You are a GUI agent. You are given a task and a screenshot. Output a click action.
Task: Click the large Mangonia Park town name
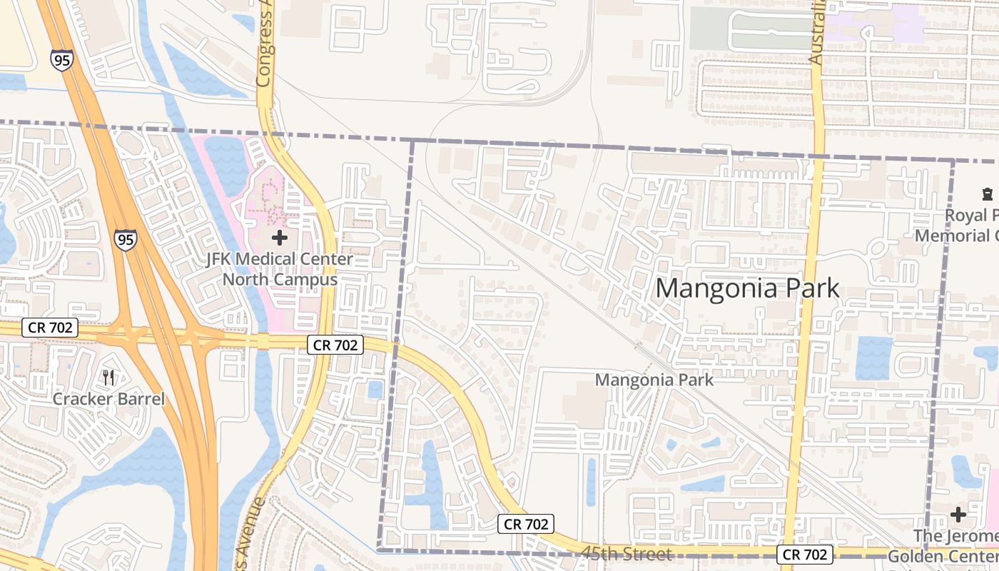click(747, 288)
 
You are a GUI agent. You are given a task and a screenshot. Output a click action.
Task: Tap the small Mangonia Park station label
click(654, 380)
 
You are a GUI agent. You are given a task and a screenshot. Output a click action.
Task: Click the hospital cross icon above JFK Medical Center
click(280, 237)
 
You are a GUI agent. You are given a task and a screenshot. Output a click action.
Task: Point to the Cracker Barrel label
click(108, 399)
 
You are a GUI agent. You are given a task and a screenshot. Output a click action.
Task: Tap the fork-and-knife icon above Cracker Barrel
click(108, 377)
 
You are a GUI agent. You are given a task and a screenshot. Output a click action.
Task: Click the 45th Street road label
click(626, 554)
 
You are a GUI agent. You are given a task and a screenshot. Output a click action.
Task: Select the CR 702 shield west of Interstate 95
click(49, 328)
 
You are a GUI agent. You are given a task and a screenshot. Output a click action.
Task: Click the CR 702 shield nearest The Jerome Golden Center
click(806, 555)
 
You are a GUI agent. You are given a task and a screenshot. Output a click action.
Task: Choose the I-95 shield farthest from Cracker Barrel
click(62, 60)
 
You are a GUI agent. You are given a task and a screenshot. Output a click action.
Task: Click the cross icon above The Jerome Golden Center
click(958, 514)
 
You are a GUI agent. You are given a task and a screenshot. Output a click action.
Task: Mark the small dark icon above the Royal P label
click(988, 193)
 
